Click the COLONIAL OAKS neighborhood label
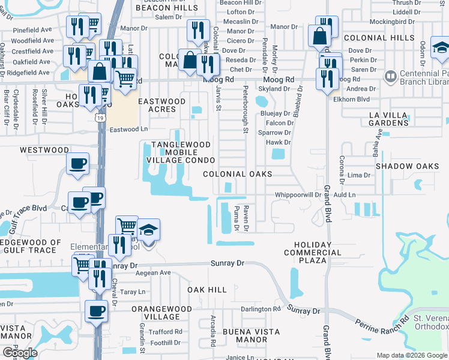237,174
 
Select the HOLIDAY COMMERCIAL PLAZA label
312,253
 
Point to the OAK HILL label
207,290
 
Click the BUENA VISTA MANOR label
250,335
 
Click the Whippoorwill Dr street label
298,195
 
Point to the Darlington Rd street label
261,310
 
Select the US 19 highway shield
97,118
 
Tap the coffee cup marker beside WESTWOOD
78,164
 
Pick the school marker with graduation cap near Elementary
148,231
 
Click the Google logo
20,352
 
